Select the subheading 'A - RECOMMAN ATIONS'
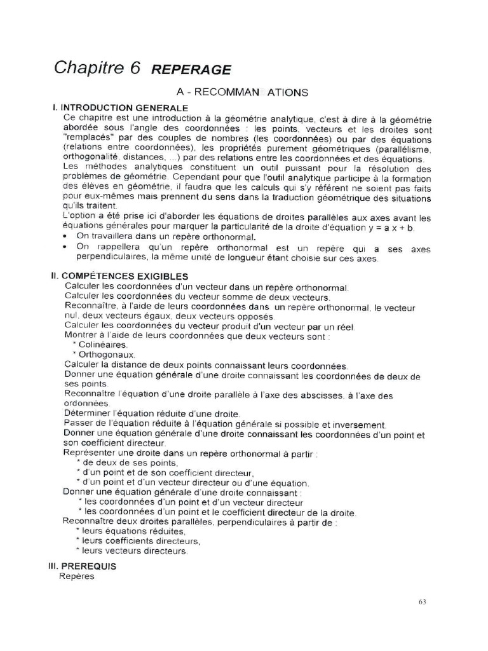click(242, 92)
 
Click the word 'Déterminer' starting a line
click(88, 414)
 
